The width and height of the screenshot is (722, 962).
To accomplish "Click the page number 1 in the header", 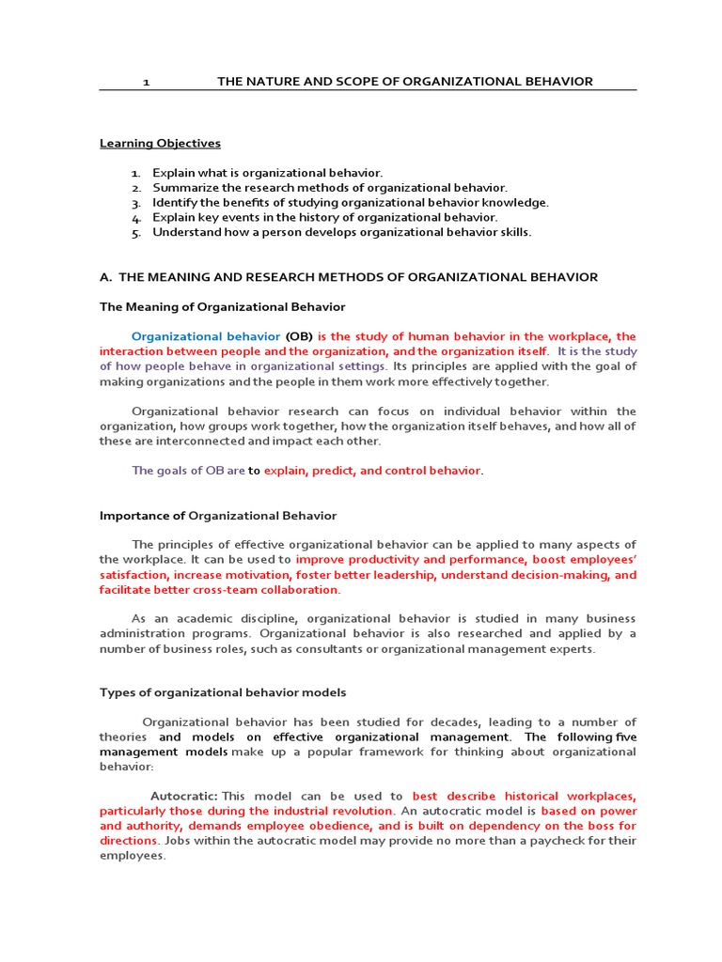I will [146, 82].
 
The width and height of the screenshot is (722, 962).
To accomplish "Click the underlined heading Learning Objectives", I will [160, 144].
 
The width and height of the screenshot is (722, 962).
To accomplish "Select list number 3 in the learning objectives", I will [135, 203].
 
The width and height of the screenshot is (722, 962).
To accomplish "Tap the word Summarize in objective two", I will [183, 188].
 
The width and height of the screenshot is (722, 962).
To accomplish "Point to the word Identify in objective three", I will [175, 203].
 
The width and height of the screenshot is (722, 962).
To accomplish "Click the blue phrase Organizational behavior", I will [206, 336].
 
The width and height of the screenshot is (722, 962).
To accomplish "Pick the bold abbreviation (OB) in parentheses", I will [299, 336].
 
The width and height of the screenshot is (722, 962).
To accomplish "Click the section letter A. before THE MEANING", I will [106, 277].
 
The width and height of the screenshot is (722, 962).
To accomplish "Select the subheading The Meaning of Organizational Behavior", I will [223, 307].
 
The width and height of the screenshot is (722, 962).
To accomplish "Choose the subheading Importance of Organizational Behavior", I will [218, 516].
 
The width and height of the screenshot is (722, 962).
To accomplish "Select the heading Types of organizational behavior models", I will [223, 692].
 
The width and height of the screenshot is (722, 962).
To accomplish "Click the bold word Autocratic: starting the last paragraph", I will [184, 796].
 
